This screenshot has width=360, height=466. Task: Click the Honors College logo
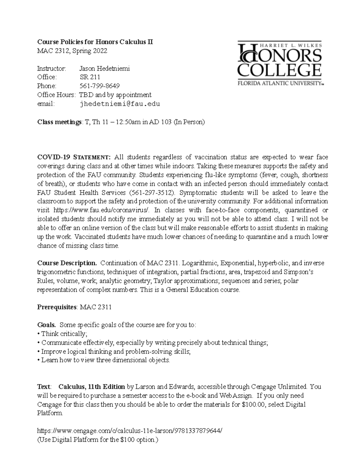(x=280, y=63)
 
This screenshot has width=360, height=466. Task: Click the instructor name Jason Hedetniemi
(x=104, y=68)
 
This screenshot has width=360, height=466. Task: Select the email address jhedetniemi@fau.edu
(x=119, y=104)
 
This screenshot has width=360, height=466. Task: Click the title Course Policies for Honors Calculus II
(x=95, y=42)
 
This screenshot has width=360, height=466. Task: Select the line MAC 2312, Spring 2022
(x=72, y=51)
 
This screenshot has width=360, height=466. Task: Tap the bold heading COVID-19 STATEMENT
(x=74, y=157)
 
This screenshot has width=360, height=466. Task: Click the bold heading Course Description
(x=67, y=263)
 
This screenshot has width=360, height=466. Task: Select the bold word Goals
(x=46, y=325)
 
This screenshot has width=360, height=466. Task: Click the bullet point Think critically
(x=63, y=334)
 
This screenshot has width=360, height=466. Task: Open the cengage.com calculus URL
(x=130, y=431)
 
